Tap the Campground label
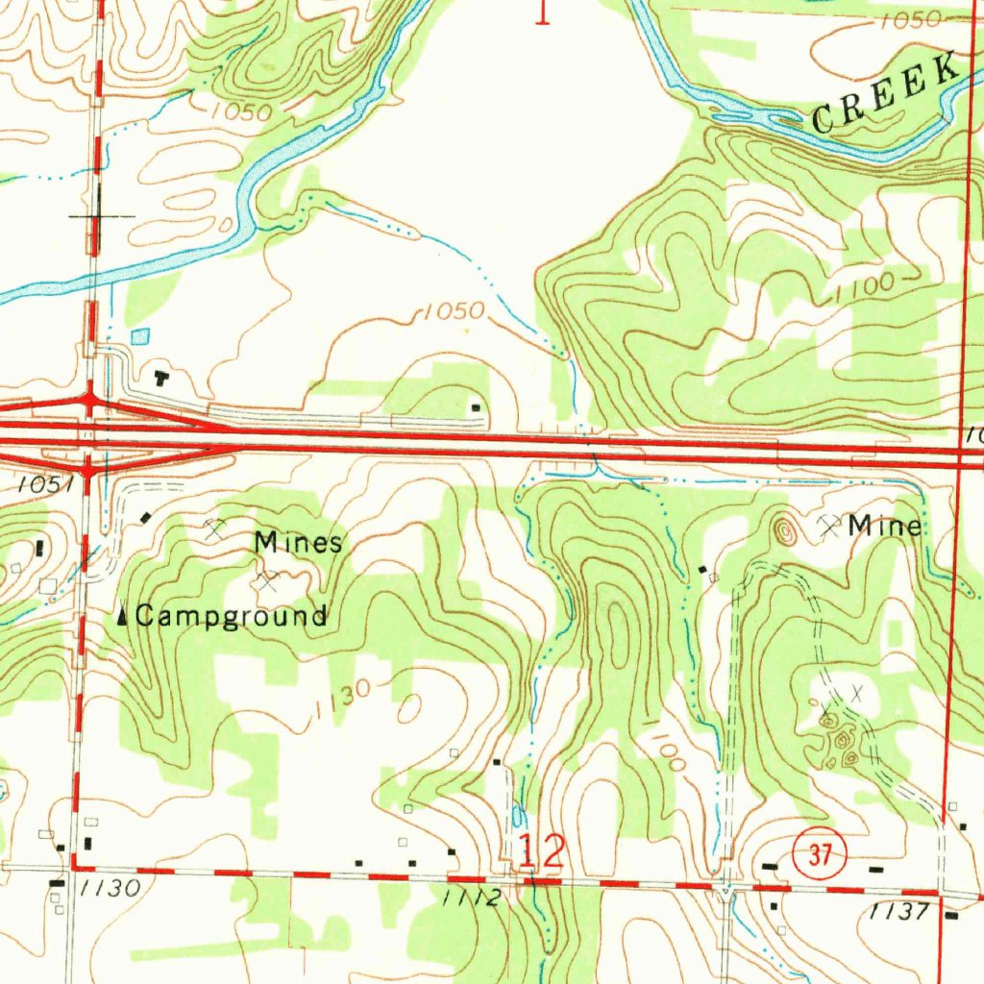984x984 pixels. tap(231, 616)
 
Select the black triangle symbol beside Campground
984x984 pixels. tap(122, 616)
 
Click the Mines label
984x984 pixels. tap(298, 543)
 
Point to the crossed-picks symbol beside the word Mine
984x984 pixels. tap(829, 525)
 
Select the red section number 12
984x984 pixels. tap(542, 851)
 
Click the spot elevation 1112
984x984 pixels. tap(473, 898)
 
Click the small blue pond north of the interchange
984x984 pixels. tap(140, 336)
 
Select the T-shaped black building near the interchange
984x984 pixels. tap(160, 377)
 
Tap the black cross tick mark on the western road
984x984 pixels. tap(99, 216)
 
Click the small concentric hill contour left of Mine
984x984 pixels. tap(784, 529)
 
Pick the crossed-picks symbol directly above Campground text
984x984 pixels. tap(266, 579)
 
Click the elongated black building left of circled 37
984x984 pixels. tap(769, 866)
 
